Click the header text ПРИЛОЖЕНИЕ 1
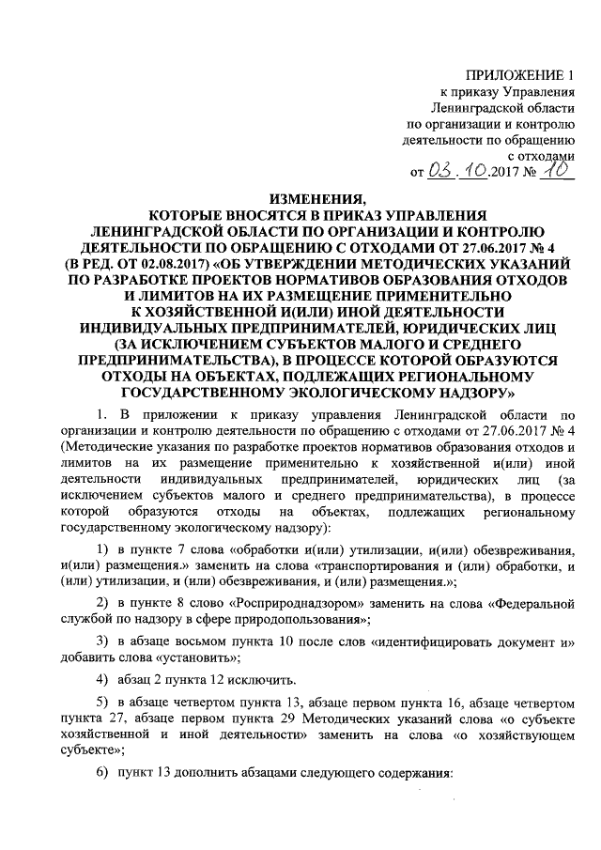[x=519, y=75]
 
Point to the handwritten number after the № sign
[x=558, y=170]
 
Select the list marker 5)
[x=104, y=703]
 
